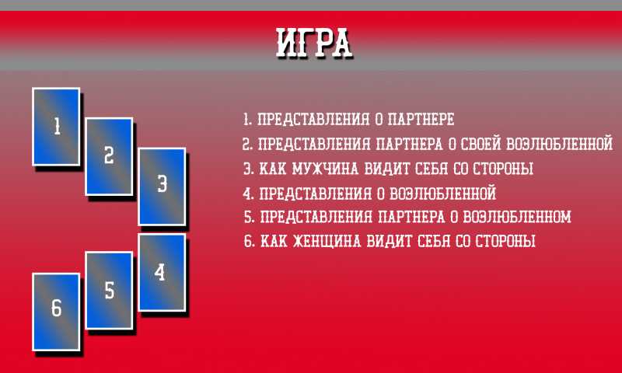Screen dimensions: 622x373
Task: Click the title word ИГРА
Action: (314, 43)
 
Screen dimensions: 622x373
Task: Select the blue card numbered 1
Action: (56, 127)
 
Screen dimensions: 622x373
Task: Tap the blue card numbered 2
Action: (109, 156)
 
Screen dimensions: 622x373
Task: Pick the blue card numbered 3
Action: (162, 186)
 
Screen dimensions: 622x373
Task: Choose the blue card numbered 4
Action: (162, 272)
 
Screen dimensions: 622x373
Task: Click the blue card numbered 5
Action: (109, 291)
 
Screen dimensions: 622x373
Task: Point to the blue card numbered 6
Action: (56, 312)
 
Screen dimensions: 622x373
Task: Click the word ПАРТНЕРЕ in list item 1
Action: (421, 119)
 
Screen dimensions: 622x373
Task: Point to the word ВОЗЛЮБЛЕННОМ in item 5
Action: (517, 217)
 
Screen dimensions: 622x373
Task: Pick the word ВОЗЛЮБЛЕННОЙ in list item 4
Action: (443, 193)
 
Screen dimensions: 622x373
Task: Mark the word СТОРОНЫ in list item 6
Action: (505, 241)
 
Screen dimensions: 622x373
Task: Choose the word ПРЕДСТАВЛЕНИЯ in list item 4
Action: (316, 193)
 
